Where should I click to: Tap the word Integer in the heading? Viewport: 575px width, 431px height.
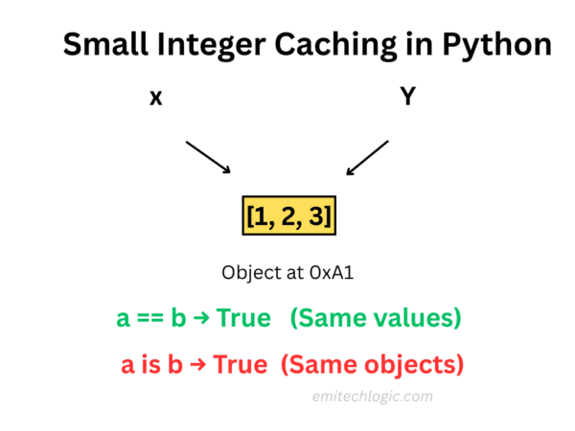click(x=218, y=44)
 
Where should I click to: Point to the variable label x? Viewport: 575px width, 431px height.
click(x=154, y=98)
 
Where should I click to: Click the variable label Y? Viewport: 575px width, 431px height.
click(x=407, y=96)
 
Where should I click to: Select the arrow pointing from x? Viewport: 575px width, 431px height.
click(x=209, y=157)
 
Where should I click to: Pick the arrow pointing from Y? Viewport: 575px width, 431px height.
click(x=367, y=158)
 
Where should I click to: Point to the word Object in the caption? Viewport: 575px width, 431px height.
click(x=248, y=271)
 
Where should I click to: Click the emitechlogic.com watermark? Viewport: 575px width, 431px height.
click(x=372, y=397)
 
